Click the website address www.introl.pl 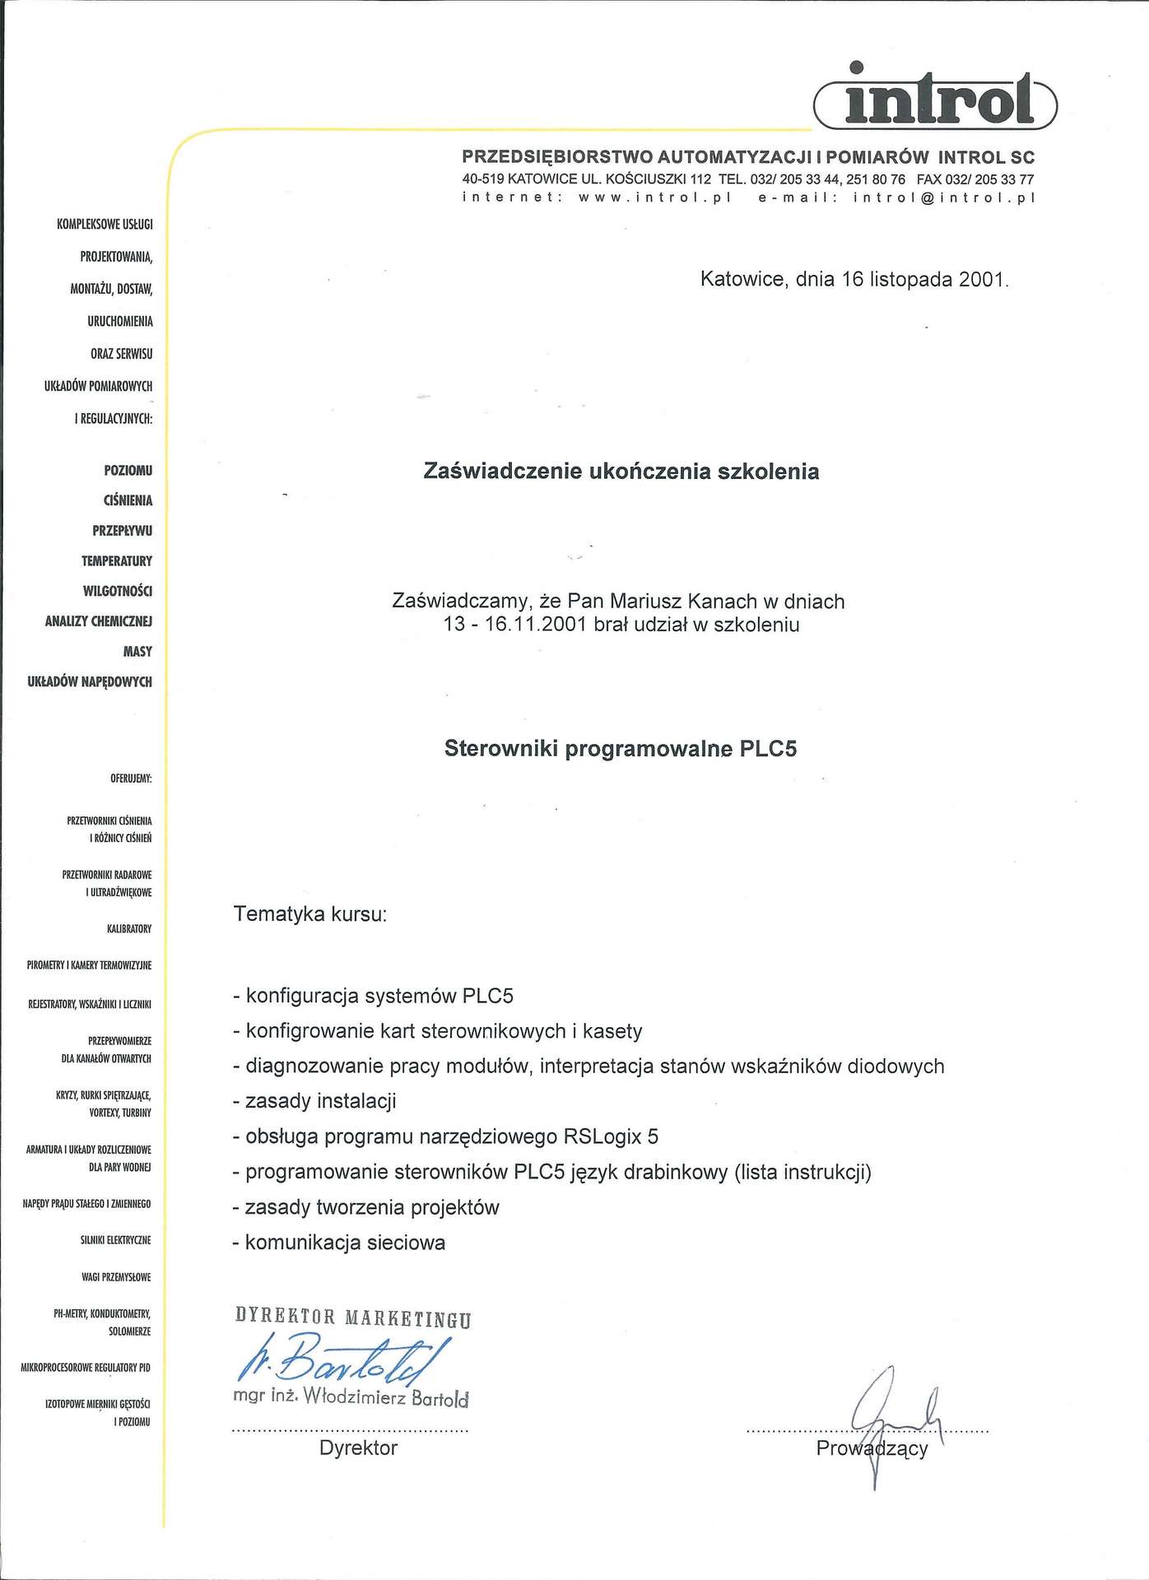coord(654,197)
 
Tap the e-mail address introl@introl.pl coord(943,197)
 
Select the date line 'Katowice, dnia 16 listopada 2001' coord(854,280)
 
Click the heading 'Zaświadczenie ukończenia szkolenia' coord(621,472)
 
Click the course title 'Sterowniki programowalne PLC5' coord(621,749)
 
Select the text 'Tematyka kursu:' coord(310,914)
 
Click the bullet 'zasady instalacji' coord(320,1101)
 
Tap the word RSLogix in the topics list coord(602,1136)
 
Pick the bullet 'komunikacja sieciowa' coord(345,1243)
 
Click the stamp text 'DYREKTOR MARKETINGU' coord(353,1317)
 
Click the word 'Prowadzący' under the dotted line coord(872,1448)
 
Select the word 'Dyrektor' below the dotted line coord(358,1448)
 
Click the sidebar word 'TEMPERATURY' coord(117,561)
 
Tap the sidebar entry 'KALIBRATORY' coord(129,929)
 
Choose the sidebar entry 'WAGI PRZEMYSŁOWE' coord(116,1277)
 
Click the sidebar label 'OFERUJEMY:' coord(131,778)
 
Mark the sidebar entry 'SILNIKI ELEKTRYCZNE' coord(115,1240)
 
